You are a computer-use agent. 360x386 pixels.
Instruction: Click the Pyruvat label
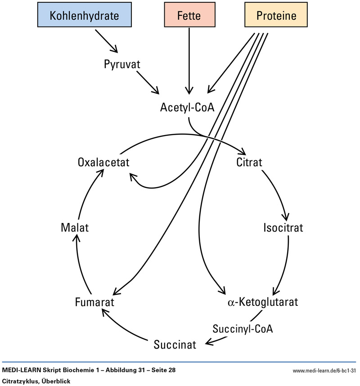click(x=121, y=64)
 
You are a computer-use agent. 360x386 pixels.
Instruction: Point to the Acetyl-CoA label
click(x=188, y=108)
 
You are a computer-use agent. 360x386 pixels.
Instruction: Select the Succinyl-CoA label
click(x=243, y=328)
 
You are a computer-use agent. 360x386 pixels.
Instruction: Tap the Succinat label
click(x=175, y=345)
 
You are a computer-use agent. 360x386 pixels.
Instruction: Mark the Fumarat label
click(x=94, y=301)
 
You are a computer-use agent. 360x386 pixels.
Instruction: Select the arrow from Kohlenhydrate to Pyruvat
click(x=108, y=42)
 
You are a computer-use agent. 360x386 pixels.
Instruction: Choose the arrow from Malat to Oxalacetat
click(x=88, y=194)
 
